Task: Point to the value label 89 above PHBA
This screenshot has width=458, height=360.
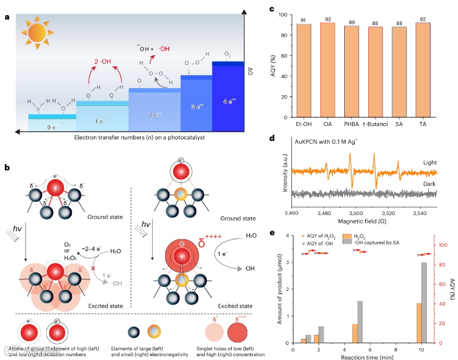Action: (x=351, y=22)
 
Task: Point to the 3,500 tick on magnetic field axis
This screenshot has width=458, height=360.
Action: (x=350, y=212)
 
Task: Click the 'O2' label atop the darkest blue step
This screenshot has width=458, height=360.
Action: (x=227, y=54)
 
